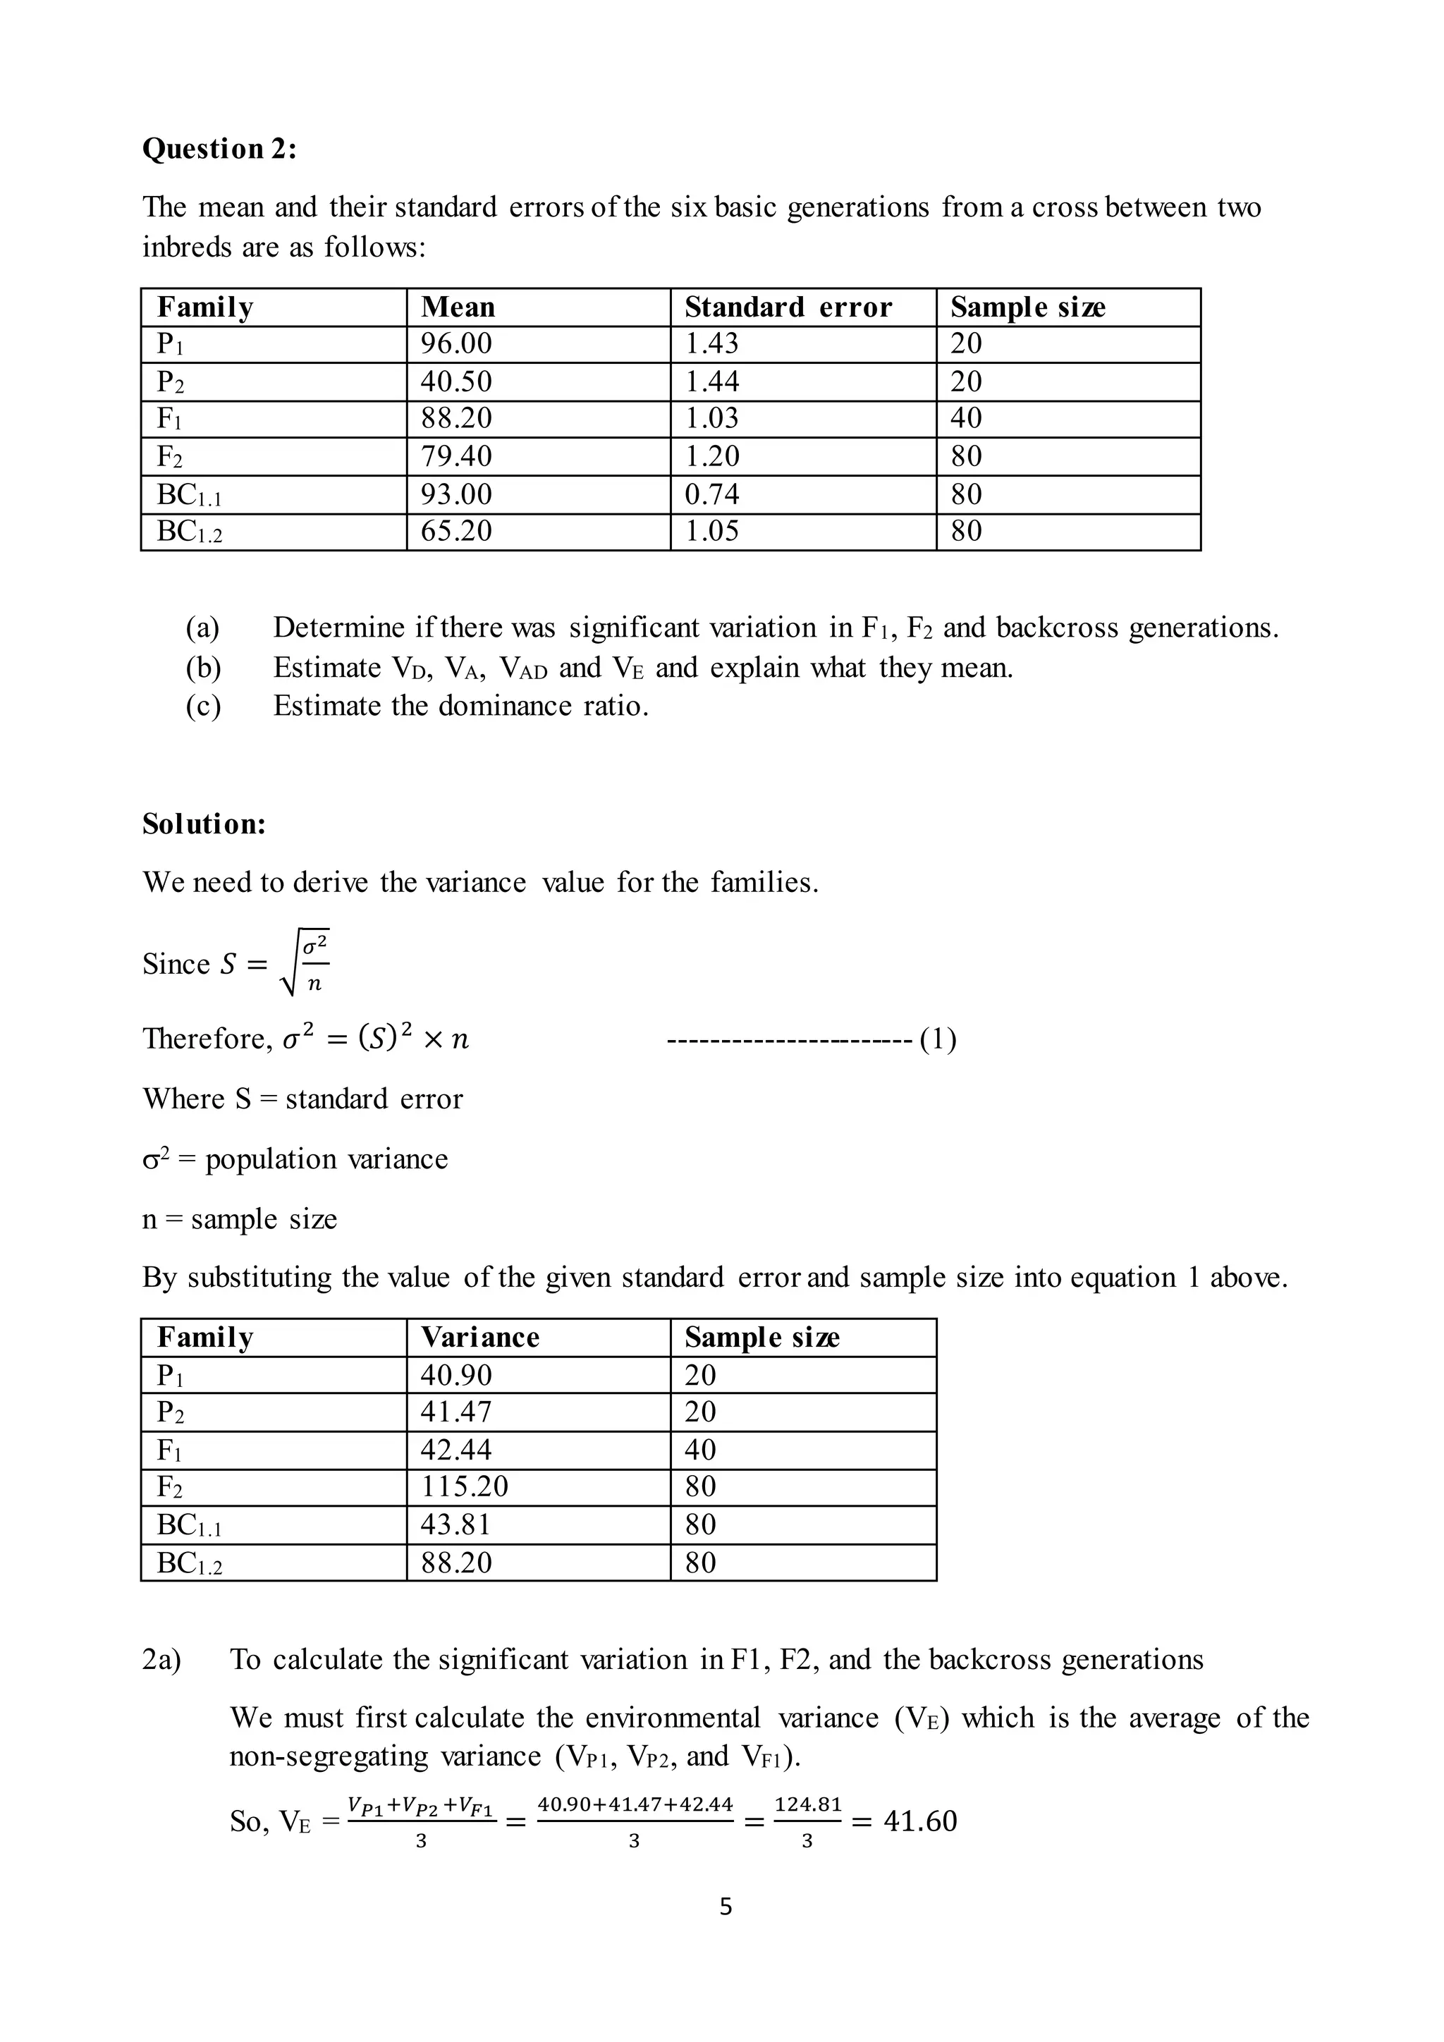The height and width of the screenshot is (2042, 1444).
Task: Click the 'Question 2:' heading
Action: [219, 149]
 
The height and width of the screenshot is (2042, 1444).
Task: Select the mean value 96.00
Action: [455, 343]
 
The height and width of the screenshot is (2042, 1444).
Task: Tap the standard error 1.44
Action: [711, 381]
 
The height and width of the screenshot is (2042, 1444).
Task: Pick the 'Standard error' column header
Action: [787, 307]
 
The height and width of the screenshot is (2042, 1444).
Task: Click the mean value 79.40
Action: [455, 456]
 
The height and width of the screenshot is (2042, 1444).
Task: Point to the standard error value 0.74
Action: [711, 494]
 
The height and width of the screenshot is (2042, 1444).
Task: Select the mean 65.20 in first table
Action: [455, 531]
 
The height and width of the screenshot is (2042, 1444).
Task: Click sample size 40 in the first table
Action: [966, 418]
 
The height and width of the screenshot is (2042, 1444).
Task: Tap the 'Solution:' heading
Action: [204, 824]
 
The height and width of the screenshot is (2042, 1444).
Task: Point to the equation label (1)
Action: [938, 1039]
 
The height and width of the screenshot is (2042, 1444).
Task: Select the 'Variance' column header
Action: [479, 1338]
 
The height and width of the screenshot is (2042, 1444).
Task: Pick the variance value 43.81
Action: [455, 1524]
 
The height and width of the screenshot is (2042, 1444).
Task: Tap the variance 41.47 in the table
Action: [455, 1412]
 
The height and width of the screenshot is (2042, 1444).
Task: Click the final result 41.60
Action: [919, 1821]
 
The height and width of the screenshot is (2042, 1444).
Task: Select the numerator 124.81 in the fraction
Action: [807, 1804]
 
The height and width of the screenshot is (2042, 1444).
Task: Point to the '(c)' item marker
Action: [203, 706]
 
